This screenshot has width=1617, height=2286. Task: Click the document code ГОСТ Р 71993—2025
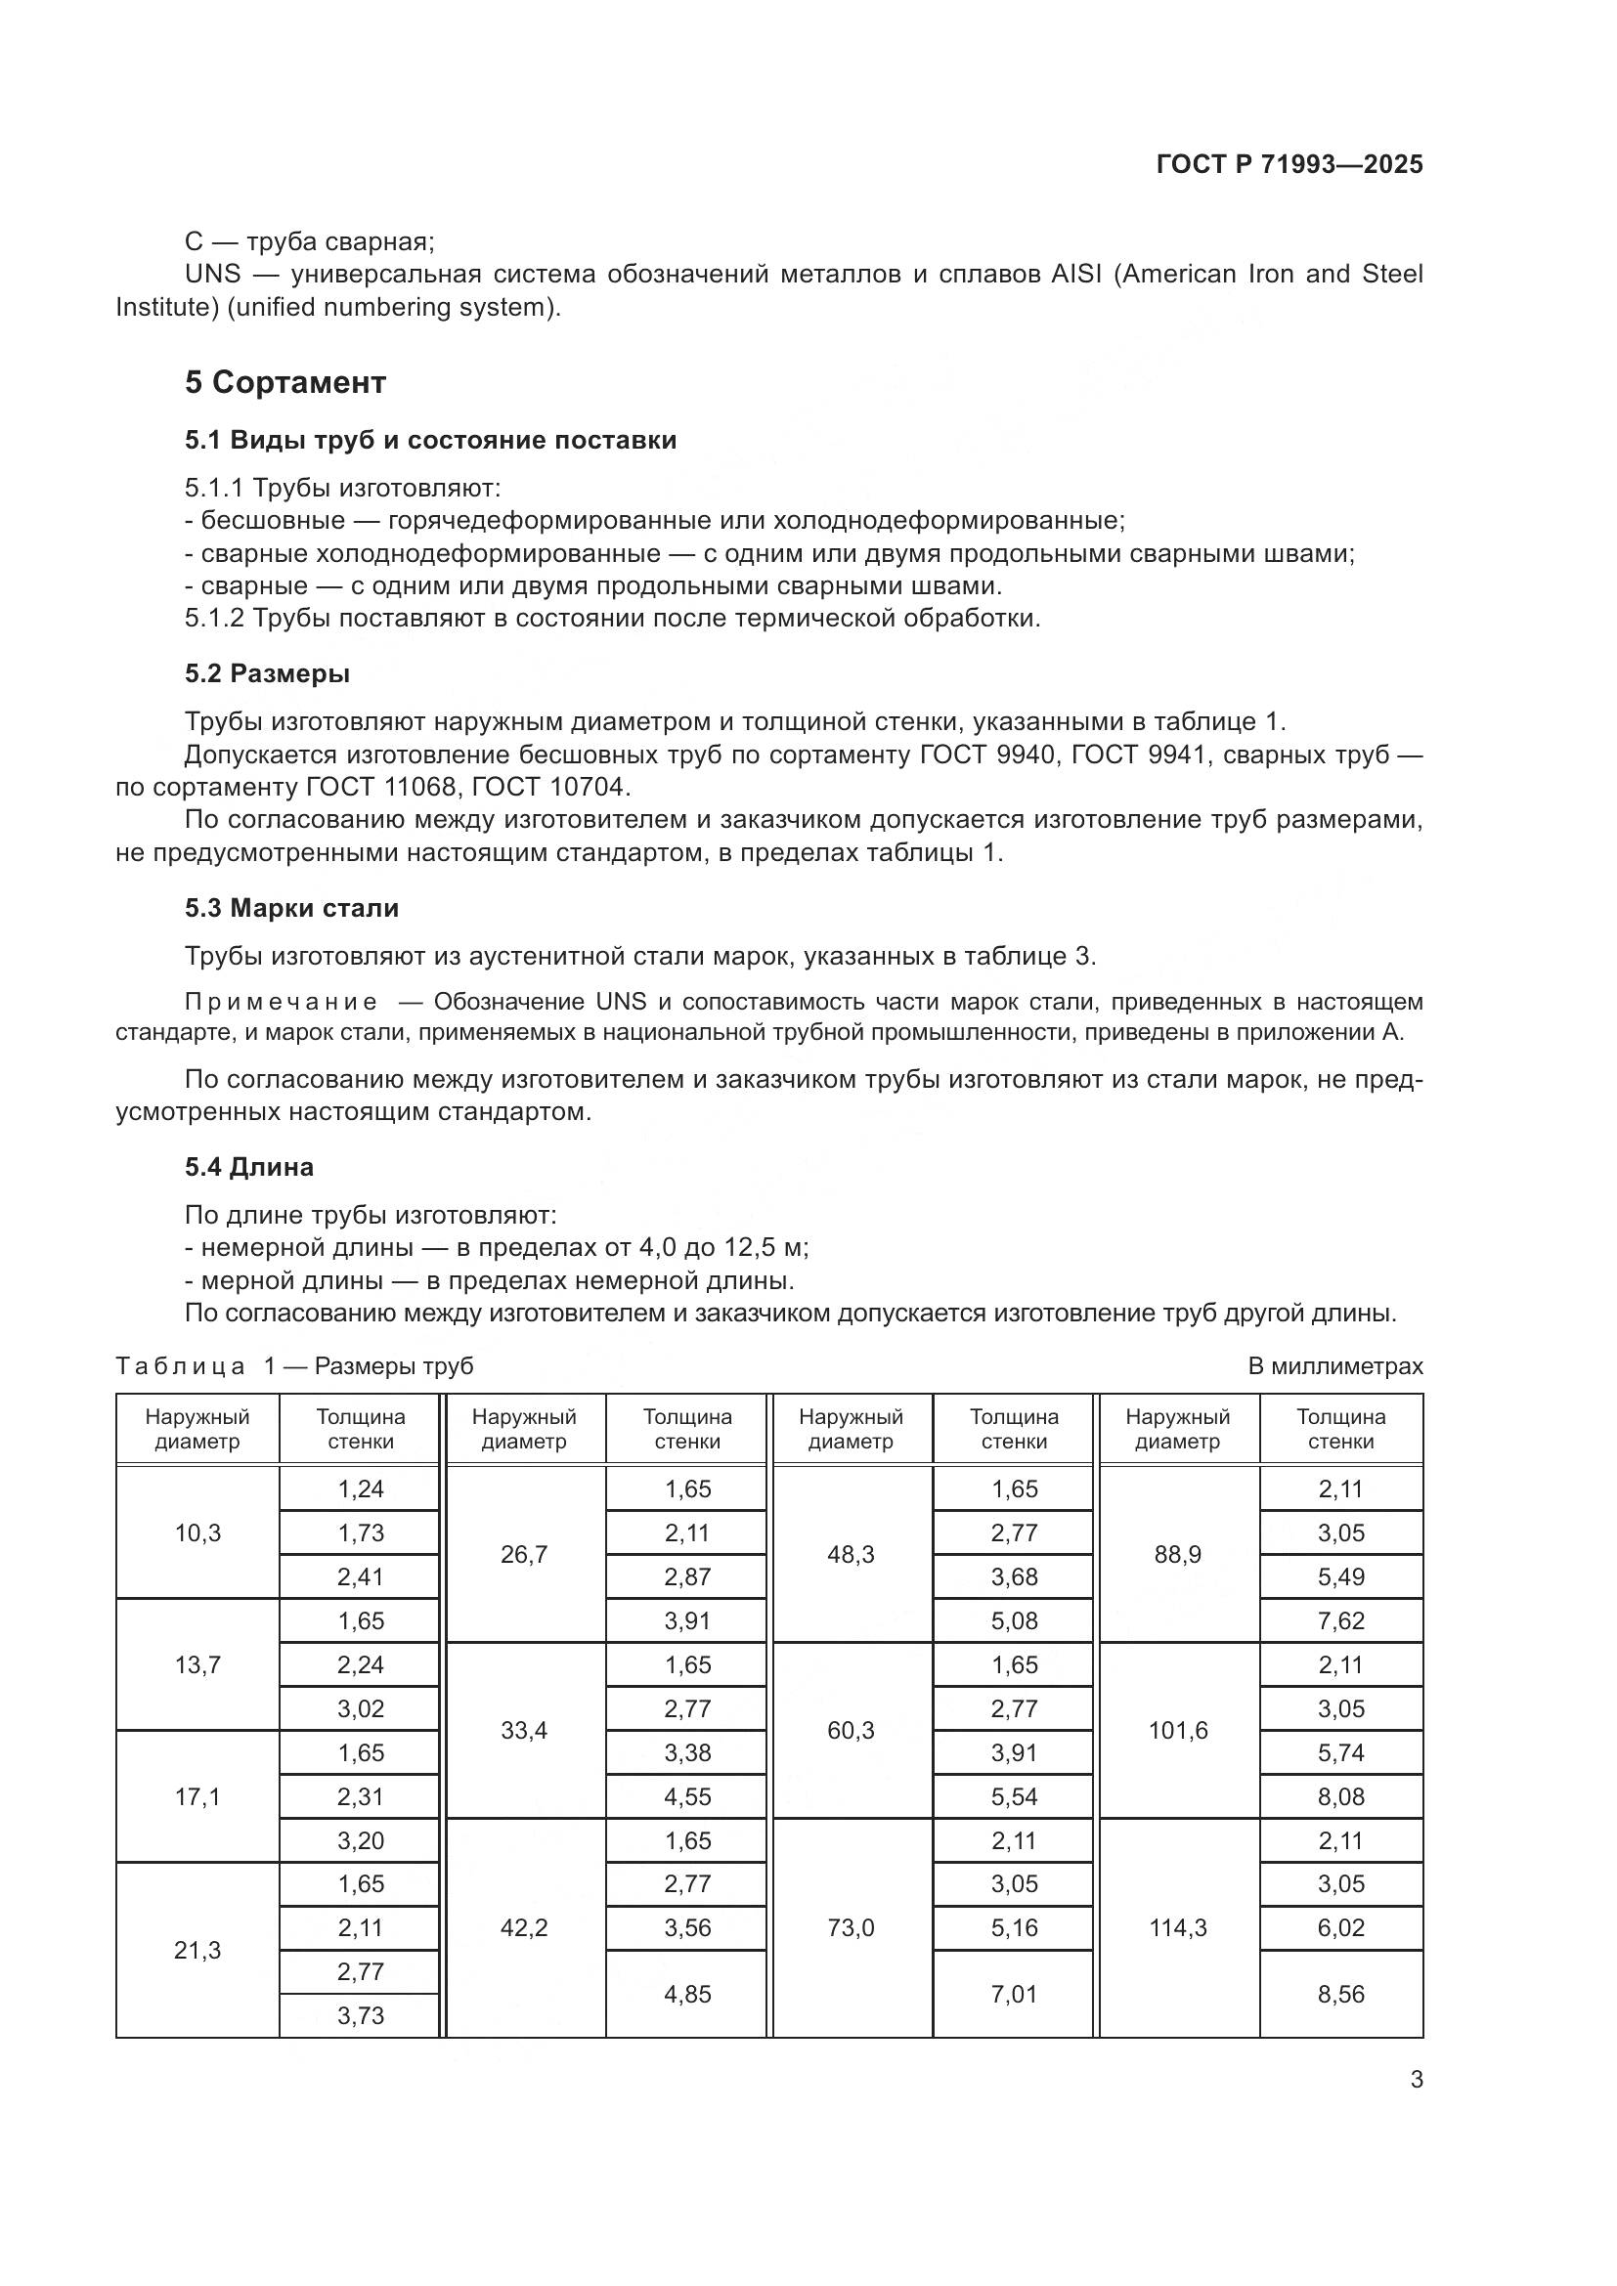(x=1289, y=165)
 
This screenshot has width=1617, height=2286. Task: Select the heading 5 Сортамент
(x=284, y=382)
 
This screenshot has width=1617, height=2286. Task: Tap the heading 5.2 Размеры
(x=267, y=674)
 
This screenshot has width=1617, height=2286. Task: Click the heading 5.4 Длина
(x=249, y=1167)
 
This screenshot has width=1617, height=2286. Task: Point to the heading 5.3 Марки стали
(x=290, y=908)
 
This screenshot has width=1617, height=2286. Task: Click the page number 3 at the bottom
(x=1417, y=2079)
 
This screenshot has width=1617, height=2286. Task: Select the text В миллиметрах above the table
(x=1335, y=1366)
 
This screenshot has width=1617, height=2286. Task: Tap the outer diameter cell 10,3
(x=197, y=1533)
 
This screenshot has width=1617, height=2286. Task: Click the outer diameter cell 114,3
(x=1178, y=1928)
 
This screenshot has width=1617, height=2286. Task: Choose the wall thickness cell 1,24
(x=361, y=1489)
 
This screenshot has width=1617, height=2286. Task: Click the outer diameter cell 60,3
(x=851, y=1731)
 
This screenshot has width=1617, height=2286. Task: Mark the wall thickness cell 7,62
(x=1340, y=1620)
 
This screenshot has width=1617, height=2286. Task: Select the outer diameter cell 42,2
(x=524, y=1928)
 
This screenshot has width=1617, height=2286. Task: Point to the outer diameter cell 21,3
(x=197, y=1951)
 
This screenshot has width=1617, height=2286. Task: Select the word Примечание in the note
(x=281, y=1002)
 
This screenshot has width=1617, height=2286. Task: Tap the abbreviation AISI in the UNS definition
(x=1076, y=274)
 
